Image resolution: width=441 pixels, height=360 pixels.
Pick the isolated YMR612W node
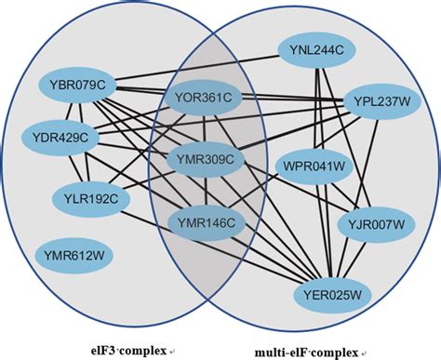tap(73, 252)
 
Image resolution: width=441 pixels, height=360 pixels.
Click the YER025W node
tap(332, 296)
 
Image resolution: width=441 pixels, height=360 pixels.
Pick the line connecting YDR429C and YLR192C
tap(75, 167)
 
